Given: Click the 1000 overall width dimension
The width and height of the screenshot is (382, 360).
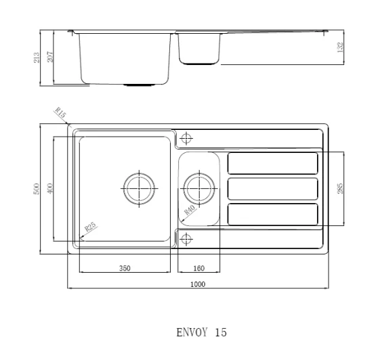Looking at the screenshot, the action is (x=198, y=284).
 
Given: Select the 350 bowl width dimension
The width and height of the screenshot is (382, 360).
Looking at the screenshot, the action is (x=125, y=268).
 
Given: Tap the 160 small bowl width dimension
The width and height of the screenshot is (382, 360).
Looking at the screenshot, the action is (x=199, y=268).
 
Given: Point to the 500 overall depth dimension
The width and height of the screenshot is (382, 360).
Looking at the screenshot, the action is (x=36, y=189).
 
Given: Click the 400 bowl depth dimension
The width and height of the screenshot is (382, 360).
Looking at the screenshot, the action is (x=50, y=188).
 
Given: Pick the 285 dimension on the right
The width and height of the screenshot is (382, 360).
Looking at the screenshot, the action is (x=340, y=188).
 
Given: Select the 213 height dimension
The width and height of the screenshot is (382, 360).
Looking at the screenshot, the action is (x=37, y=58).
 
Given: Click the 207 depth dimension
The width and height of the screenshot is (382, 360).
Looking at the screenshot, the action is (x=49, y=56).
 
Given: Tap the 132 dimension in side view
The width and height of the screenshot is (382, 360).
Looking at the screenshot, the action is (x=340, y=47).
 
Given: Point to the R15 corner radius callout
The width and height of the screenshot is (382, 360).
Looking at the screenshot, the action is (x=60, y=112).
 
